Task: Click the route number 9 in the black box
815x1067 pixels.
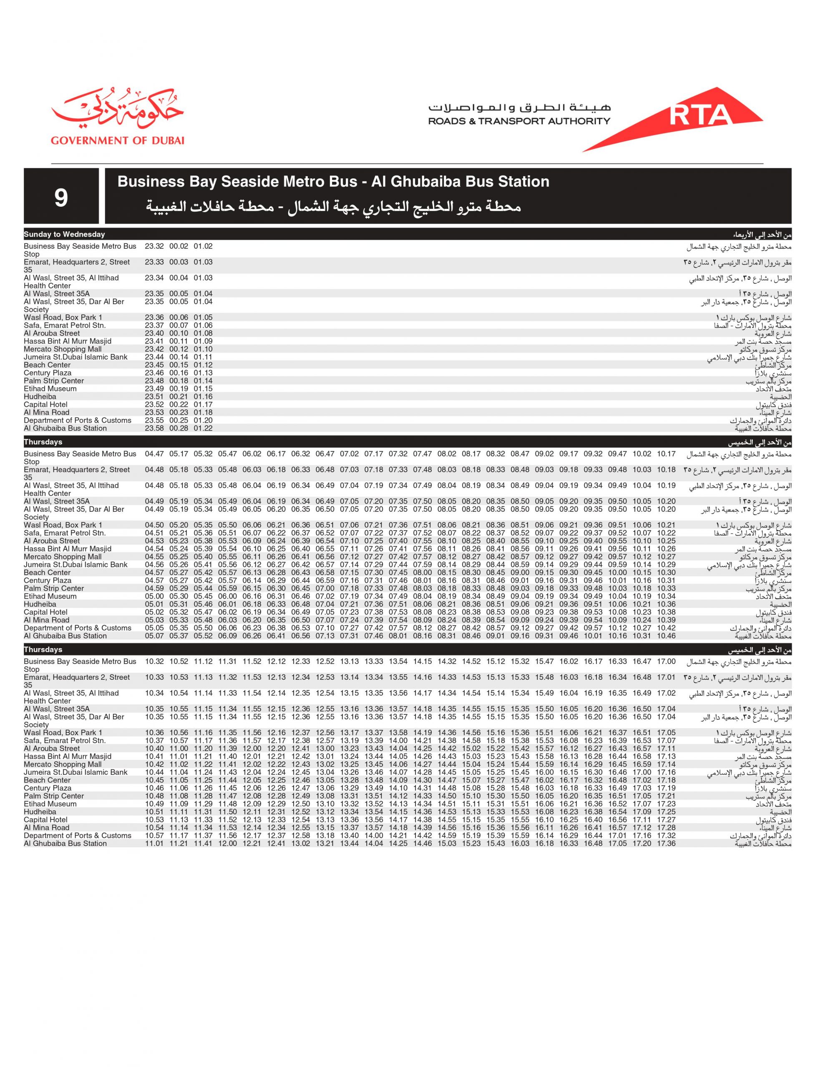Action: pyautogui.click(x=61, y=197)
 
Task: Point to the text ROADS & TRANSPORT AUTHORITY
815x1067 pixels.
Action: pyautogui.click(x=519, y=121)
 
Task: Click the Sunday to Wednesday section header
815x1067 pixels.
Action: pyautogui.click(x=65, y=235)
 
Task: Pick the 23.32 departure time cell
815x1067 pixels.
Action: pyautogui.click(x=154, y=246)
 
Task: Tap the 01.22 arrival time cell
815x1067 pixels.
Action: pyautogui.click(x=203, y=428)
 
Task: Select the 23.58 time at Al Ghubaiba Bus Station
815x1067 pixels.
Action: pyautogui.click(x=154, y=428)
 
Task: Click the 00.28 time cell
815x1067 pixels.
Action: pyautogui.click(x=179, y=428)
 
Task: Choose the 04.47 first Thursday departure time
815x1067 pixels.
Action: pyautogui.click(x=154, y=454)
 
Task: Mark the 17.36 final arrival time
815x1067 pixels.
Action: pyautogui.click(x=666, y=844)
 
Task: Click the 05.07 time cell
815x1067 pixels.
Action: pyautogui.click(x=154, y=636)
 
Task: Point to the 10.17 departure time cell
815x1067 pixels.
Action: pyautogui.click(x=666, y=454)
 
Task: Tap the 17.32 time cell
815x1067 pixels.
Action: pyautogui.click(x=666, y=836)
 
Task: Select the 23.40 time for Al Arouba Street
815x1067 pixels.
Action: pyautogui.click(x=154, y=333)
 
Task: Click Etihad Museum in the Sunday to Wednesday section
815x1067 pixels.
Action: pyautogui.click(x=50, y=389)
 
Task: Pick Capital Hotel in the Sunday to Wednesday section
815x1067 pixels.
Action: pyautogui.click(x=45, y=405)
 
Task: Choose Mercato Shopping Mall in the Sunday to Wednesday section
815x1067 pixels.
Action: pyautogui.click(x=63, y=349)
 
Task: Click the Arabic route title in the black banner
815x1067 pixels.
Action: pyautogui.click(x=333, y=208)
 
